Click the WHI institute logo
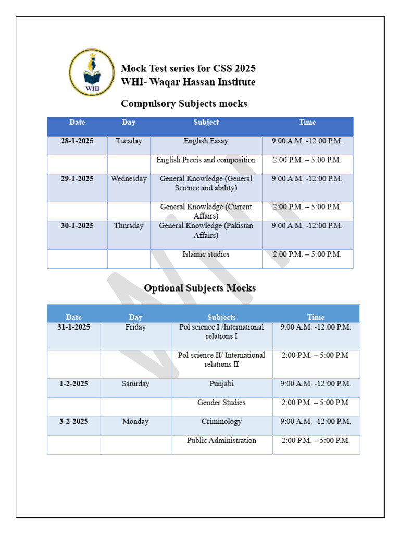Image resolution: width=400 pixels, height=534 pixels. point(92,72)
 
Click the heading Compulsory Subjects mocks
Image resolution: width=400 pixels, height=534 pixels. point(184,104)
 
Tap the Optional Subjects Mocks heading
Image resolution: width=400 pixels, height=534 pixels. point(199,288)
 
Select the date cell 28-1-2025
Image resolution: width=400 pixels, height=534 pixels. point(77,141)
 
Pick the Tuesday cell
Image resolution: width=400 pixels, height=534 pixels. point(129,141)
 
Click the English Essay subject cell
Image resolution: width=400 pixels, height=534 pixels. point(206,141)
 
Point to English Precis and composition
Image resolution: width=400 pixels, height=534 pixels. point(206,160)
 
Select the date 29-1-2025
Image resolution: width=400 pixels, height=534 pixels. point(77,178)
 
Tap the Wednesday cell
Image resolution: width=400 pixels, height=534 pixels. point(129,178)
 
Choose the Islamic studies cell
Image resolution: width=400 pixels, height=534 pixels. point(206,254)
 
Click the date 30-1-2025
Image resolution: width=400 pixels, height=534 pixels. point(77,226)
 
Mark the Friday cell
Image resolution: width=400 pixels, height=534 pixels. point(135,327)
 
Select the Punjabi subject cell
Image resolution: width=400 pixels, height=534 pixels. point(221,384)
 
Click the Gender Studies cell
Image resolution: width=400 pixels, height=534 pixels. point(221,403)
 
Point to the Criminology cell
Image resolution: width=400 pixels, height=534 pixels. point(221,421)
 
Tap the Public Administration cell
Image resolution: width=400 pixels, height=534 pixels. point(221,440)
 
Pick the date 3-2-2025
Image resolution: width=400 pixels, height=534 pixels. point(74,421)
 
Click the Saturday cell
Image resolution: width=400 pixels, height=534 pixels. point(135,384)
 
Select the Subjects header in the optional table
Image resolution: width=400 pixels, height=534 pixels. point(221,317)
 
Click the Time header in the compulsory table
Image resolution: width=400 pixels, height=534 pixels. point(307,122)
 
